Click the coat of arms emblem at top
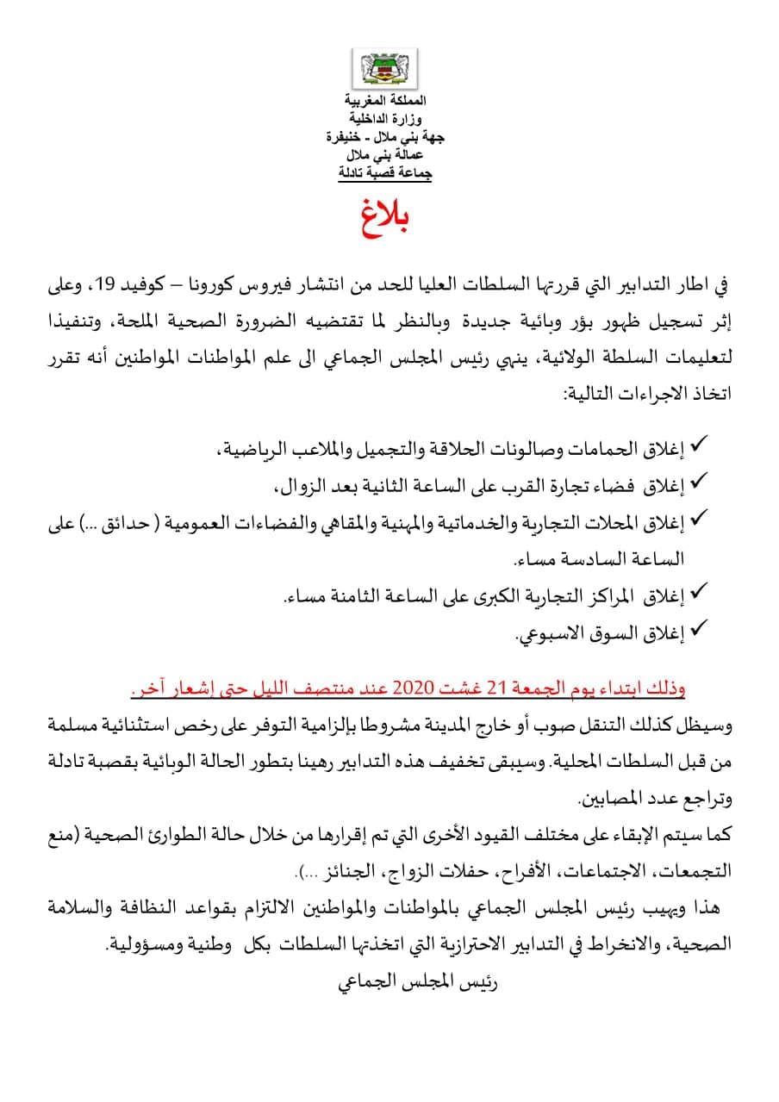(385, 69)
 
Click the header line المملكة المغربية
(385, 102)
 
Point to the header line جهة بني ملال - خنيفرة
(385, 137)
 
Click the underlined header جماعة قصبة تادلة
(385, 173)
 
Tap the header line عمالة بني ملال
(385, 155)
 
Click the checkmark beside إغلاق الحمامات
(699, 445)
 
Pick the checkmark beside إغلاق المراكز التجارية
(699, 592)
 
